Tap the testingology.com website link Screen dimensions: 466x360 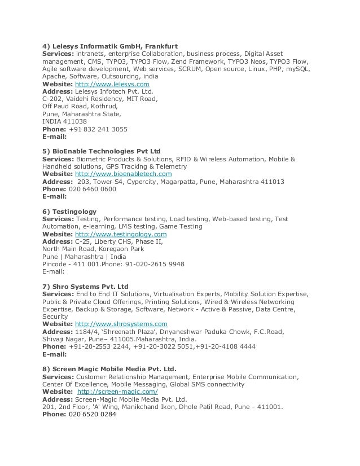pos(121,234)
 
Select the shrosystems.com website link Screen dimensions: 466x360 pos(121,324)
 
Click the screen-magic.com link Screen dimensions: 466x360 pos(117,392)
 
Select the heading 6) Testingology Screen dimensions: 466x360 pos(69,212)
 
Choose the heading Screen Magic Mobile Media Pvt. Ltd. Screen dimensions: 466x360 pos(109,369)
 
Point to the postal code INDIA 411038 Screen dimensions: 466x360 pos(65,121)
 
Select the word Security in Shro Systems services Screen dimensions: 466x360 pos(55,316)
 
